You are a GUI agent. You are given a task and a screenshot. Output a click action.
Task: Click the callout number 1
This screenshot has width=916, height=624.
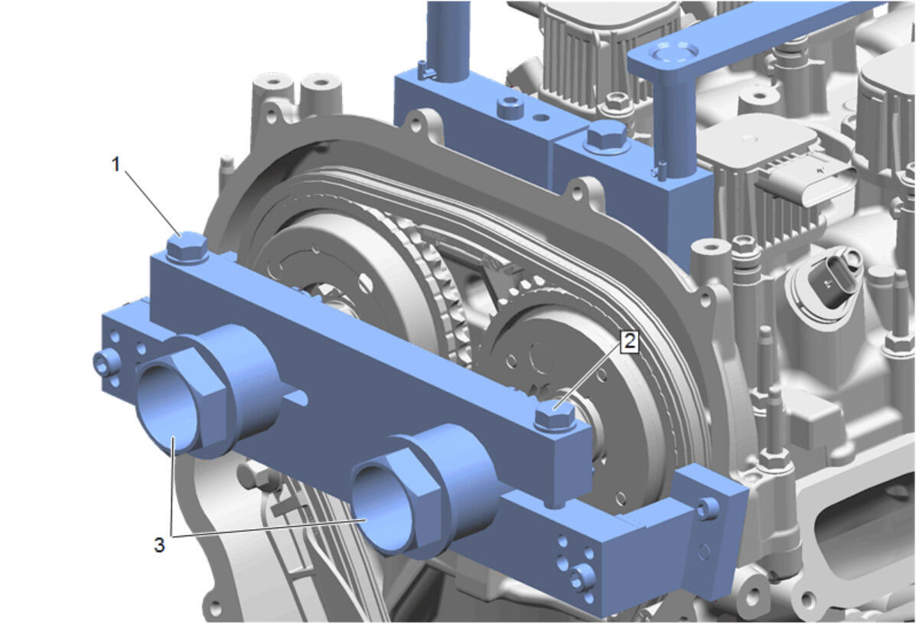[116, 165]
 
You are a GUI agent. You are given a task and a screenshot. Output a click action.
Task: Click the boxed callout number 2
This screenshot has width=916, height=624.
[629, 341]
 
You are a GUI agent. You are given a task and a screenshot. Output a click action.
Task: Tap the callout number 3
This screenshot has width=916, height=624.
[159, 545]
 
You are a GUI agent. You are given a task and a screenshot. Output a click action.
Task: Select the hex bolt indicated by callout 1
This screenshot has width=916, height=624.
[187, 248]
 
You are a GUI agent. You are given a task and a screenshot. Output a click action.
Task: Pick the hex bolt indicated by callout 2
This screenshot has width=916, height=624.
[555, 416]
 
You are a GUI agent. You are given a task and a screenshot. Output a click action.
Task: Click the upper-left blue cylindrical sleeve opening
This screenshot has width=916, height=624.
[166, 408]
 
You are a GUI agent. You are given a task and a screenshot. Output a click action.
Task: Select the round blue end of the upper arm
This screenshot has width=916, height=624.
[674, 53]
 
